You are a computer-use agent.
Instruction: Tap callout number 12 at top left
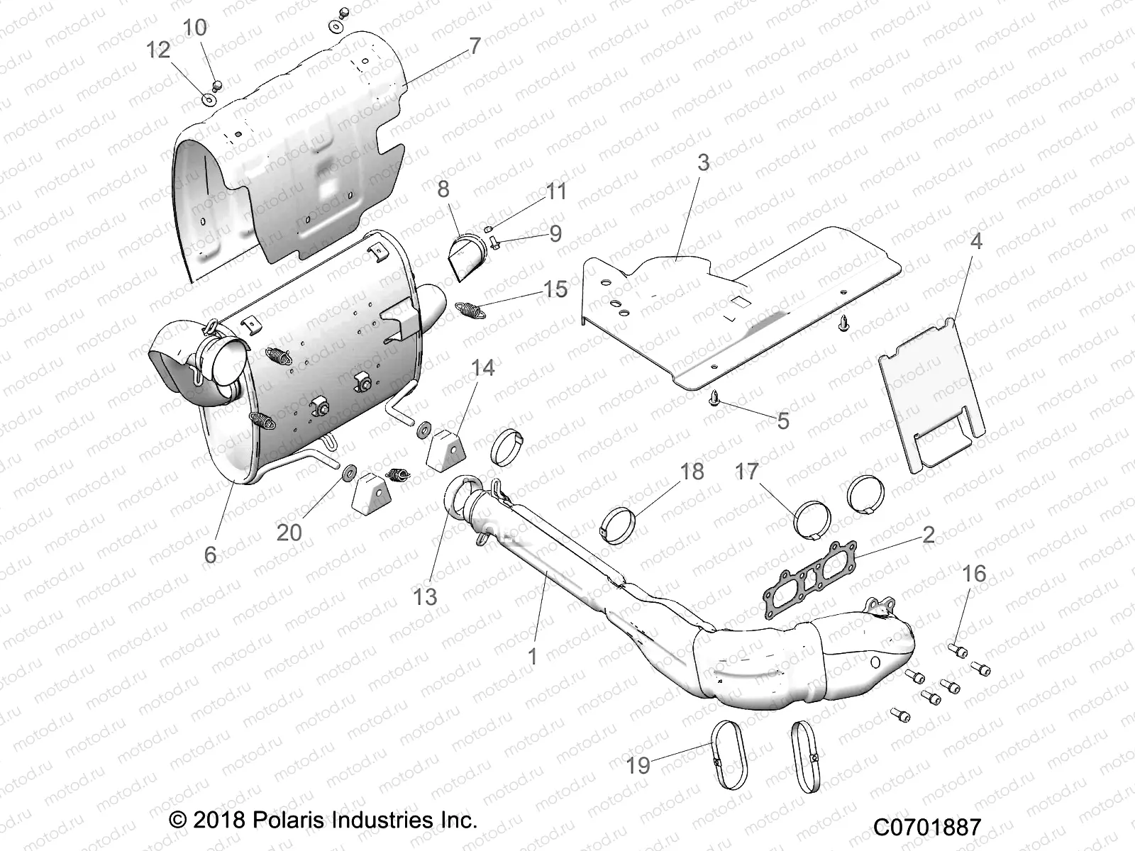pos(159,50)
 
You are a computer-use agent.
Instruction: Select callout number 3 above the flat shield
pos(703,162)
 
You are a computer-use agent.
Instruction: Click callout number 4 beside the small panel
pos(976,241)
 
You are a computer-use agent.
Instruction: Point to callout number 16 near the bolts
pos(975,573)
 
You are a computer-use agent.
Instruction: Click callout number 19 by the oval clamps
pos(638,764)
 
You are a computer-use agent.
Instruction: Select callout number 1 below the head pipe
pos(533,656)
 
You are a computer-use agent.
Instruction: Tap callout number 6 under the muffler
pos(210,554)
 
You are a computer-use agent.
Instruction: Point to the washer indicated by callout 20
pos(350,472)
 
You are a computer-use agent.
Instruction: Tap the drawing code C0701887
pos(927,827)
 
